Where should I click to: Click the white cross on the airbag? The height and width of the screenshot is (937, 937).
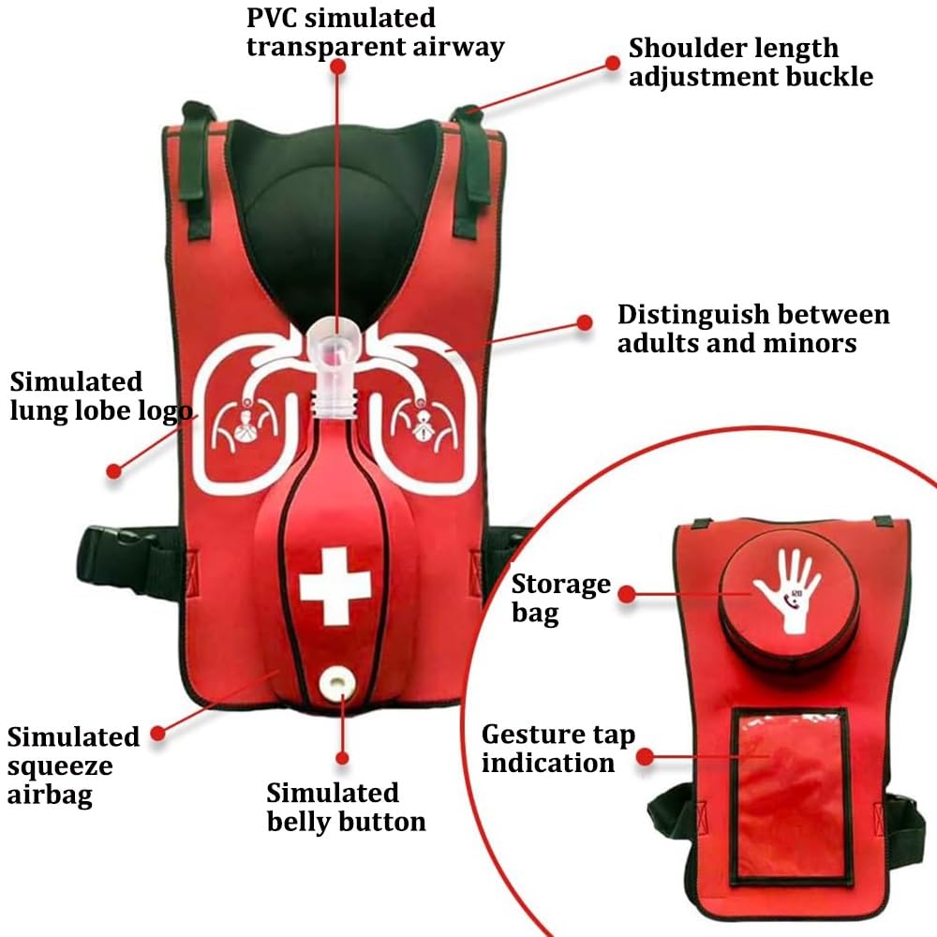coord(335,587)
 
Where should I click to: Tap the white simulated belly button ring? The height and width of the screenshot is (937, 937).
coord(335,684)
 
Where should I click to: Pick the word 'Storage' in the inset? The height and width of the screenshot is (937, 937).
coord(561,585)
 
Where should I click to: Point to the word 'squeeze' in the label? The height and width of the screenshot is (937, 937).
coord(60,767)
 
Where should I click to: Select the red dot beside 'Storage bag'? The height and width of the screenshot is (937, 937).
coord(626,594)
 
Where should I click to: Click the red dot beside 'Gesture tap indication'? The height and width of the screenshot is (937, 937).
coord(645,758)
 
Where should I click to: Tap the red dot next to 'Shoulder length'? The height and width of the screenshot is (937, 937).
coord(613,63)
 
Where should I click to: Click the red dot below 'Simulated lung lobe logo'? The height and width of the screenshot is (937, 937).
coord(113,471)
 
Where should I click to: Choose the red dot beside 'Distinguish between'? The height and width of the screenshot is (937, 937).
coord(585,322)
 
